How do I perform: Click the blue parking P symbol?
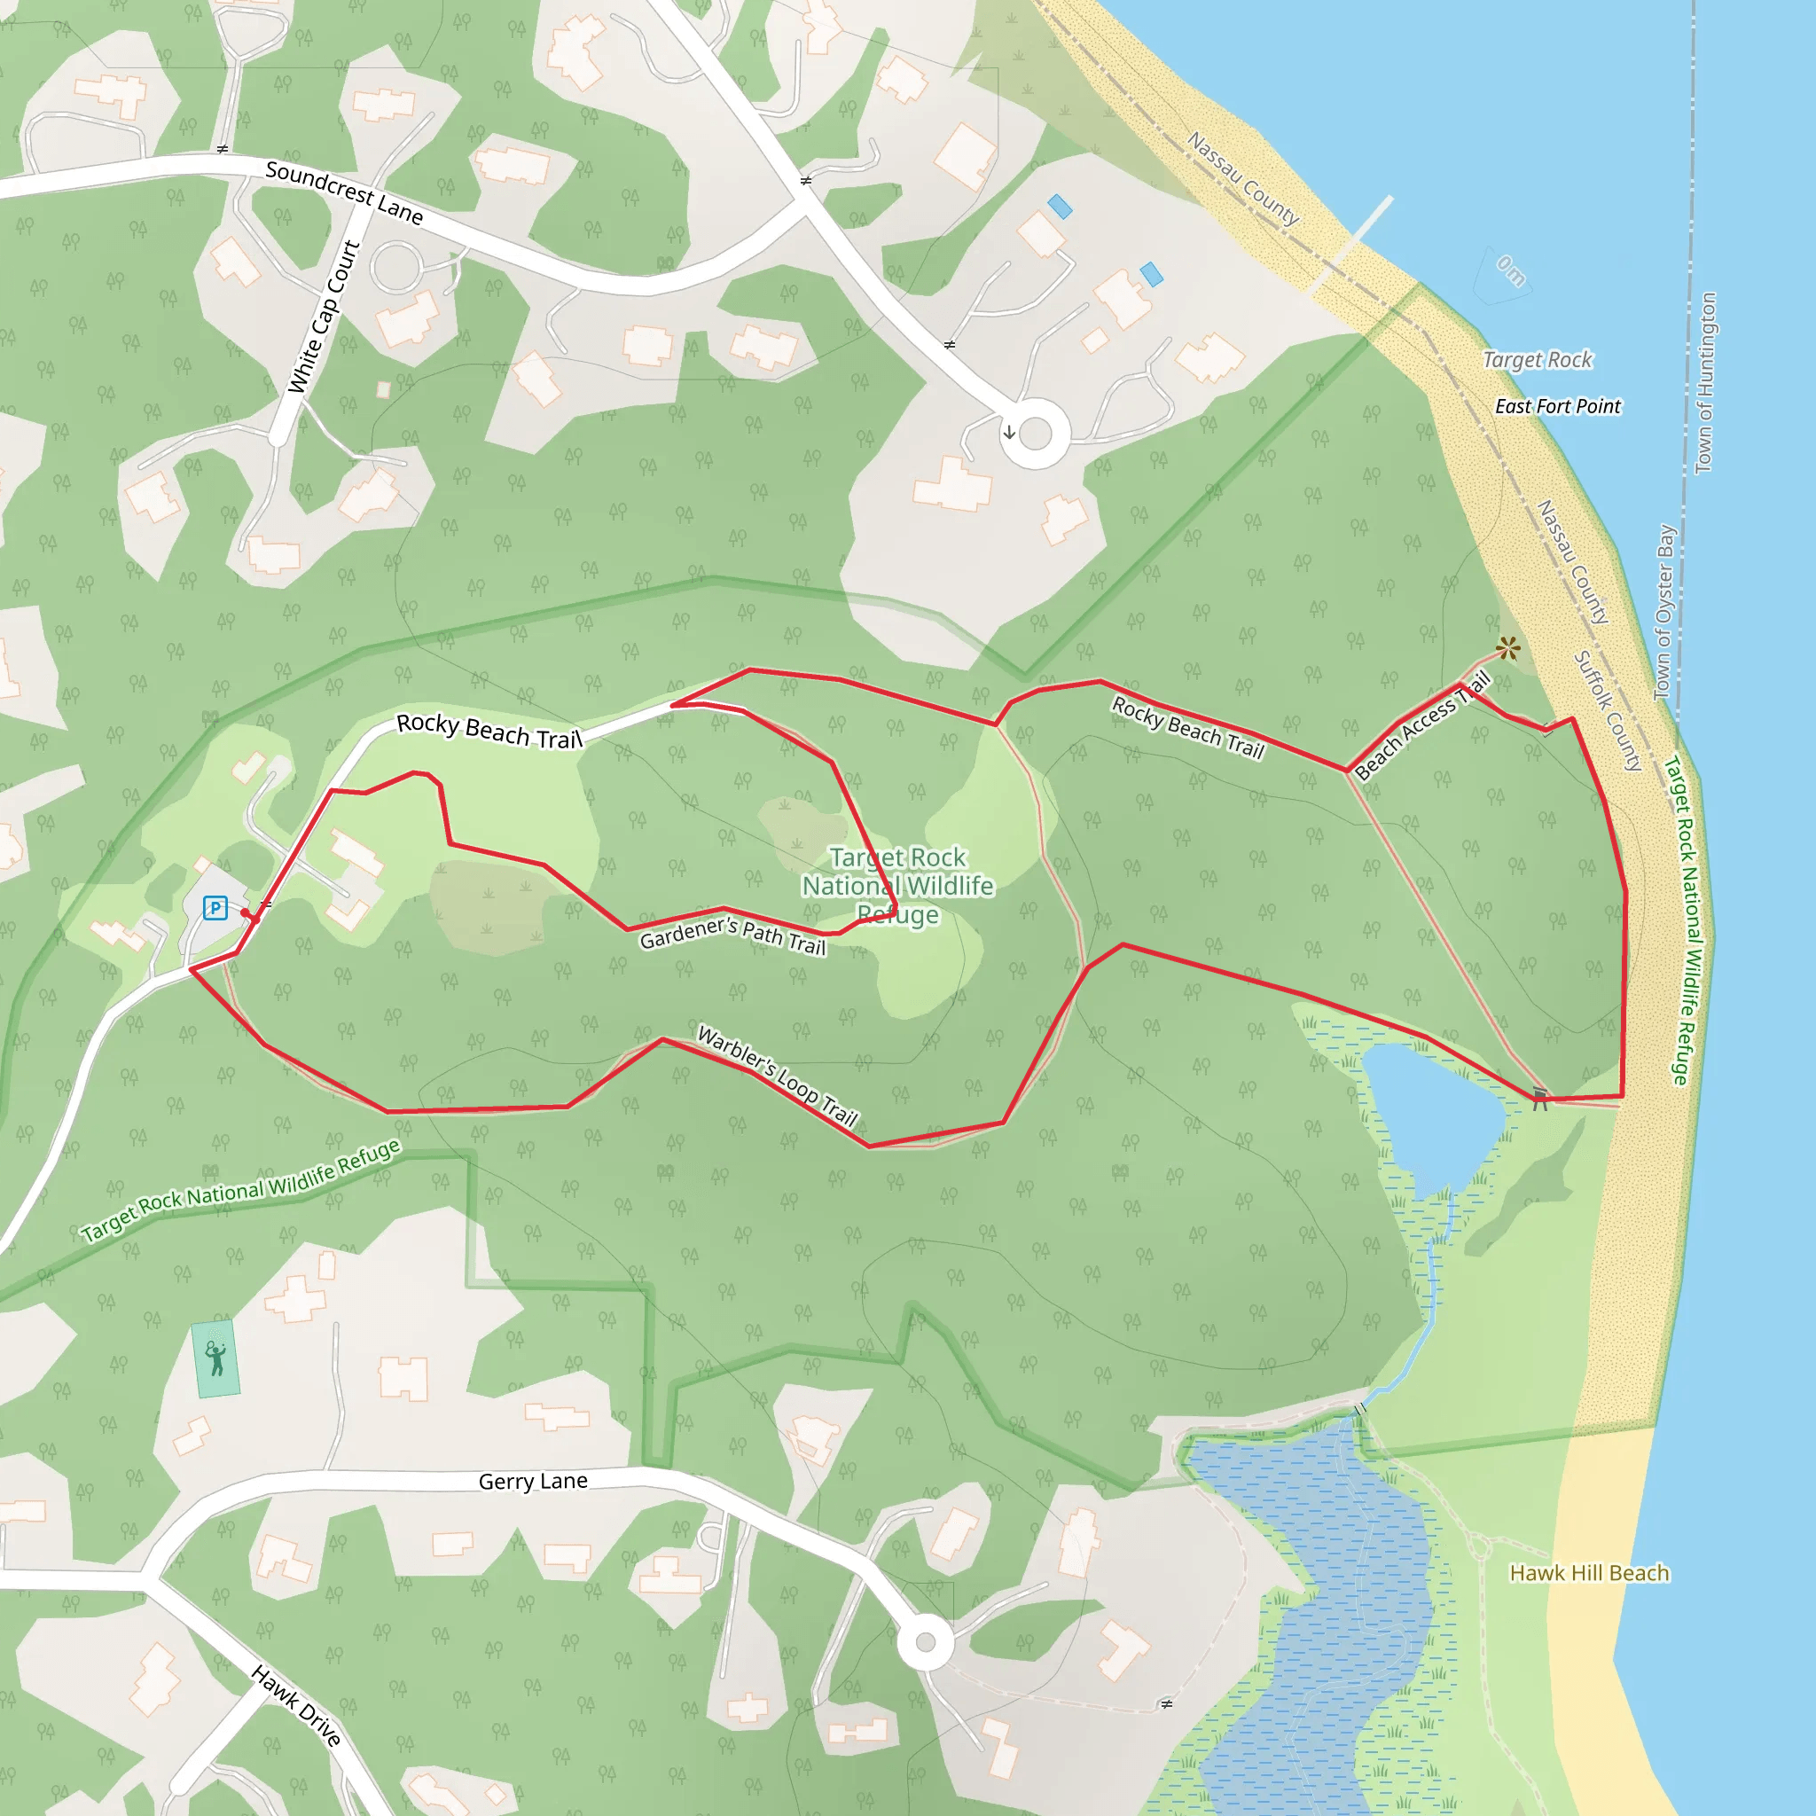point(215,908)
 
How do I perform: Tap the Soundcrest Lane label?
point(344,192)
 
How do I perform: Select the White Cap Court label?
point(325,317)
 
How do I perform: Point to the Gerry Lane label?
point(533,1482)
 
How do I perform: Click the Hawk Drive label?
point(296,1705)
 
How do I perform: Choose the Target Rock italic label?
point(1538,360)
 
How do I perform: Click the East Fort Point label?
point(1557,406)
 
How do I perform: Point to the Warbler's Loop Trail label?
point(778,1076)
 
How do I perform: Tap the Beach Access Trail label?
point(1422,725)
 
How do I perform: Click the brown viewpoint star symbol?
point(1507,647)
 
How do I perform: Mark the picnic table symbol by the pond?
point(1539,1099)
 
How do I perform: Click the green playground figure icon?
point(216,1359)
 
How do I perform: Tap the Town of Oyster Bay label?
point(1664,613)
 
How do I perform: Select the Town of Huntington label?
point(1705,383)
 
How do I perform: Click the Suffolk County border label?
point(1609,711)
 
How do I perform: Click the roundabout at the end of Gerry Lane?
point(926,1642)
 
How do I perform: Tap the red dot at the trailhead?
point(246,912)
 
